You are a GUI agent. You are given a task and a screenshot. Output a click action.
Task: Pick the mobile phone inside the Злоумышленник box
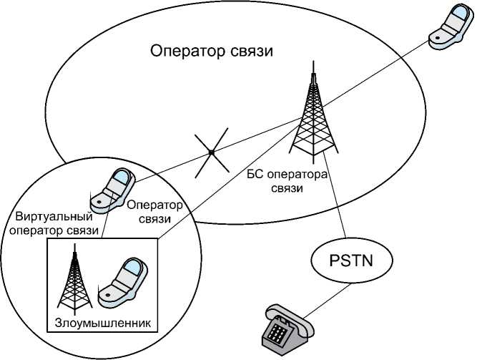123,282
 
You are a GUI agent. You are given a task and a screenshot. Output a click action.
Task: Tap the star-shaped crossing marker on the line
212,152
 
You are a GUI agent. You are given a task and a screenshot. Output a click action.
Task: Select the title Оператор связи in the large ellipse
212,53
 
